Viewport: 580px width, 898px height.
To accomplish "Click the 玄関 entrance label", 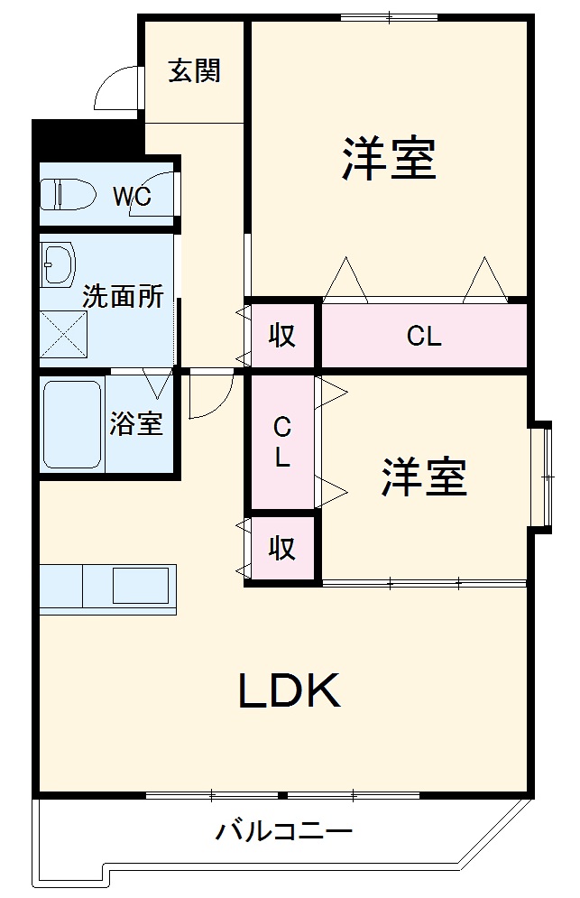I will tap(194, 70).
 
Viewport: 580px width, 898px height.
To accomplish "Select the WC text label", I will tap(131, 196).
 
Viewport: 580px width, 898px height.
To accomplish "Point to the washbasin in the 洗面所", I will tap(59, 264).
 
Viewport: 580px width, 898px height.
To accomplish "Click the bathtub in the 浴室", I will tap(72, 424).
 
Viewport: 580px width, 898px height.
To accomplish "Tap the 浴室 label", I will tap(136, 423).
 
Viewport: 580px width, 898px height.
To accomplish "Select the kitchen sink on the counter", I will tap(140, 588).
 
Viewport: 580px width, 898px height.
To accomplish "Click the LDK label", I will tap(290, 691).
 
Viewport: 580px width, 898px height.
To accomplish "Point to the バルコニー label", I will tap(283, 830).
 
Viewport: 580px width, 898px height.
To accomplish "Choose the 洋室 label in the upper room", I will tap(389, 159).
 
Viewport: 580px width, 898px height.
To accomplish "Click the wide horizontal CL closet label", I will tap(424, 337).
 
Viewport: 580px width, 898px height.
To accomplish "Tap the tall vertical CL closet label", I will tap(282, 442).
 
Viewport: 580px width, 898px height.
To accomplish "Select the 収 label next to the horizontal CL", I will tap(282, 336).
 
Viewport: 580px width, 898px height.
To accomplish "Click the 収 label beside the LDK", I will tap(282, 547).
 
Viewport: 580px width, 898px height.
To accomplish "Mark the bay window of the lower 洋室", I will tap(541, 476).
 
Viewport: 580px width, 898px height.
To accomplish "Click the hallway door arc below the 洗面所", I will tap(210, 397).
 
